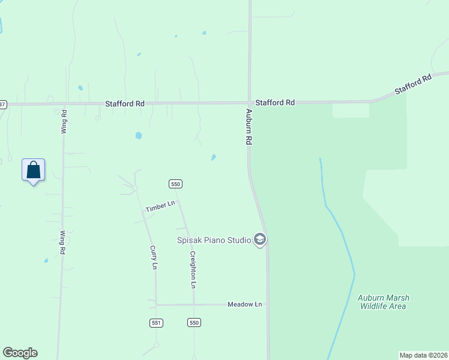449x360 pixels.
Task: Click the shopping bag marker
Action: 34,170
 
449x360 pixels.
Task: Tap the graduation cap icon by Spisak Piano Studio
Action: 260,240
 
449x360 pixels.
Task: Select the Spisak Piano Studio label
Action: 213,241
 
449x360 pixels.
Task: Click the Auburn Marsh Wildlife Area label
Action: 382,301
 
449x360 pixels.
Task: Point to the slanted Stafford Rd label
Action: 414,85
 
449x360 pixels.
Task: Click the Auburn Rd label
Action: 247,127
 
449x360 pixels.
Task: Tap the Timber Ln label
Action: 160,206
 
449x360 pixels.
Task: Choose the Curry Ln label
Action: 154,257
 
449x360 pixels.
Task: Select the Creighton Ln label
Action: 193,268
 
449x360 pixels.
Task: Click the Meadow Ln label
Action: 245,305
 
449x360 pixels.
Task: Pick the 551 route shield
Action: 156,323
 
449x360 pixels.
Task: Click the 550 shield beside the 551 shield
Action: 193,323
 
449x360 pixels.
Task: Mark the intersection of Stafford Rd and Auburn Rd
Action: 250,103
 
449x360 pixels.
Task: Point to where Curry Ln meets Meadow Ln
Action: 156,305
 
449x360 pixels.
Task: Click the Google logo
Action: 20,353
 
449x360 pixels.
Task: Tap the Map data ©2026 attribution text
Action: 423,355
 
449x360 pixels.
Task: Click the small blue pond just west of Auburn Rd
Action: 214,158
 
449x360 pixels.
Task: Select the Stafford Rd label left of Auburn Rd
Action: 125,103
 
